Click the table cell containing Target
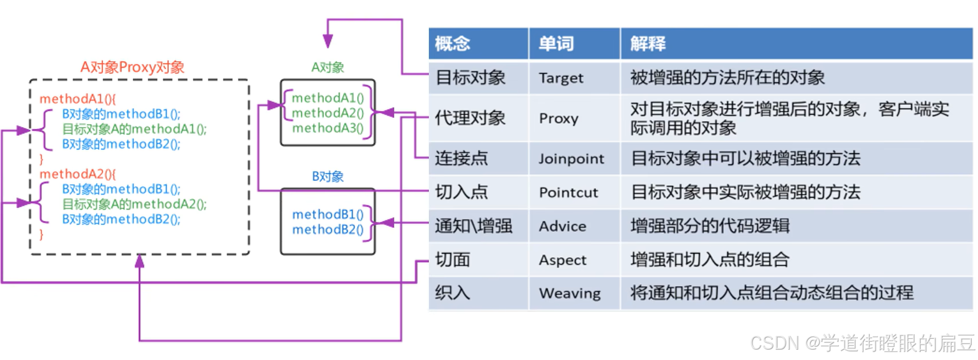[x=561, y=78]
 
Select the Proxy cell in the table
[x=559, y=118]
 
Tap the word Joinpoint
[x=571, y=159]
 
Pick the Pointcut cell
[x=569, y=192]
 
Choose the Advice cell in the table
[x=562, y=226]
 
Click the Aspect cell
[x=562, y=260]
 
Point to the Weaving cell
[x=570, y=293]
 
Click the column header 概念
[x=453, y=43]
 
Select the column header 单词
[x=556, y=43]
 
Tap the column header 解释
[x=648, y=43]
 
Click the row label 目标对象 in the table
[x=471, y=78]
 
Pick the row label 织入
[x=452, y=293]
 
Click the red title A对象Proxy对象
[x=132, y=68]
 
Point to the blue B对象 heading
[x=328, y=176]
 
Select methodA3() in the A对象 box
[x=328, y=128]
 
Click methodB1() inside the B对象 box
[x=328, y=215]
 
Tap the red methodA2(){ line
[x=77, y=174]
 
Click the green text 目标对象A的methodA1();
[x=135, y=129]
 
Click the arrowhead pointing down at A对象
[x=328, y=41]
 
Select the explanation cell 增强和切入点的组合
[x=709, y=260]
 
